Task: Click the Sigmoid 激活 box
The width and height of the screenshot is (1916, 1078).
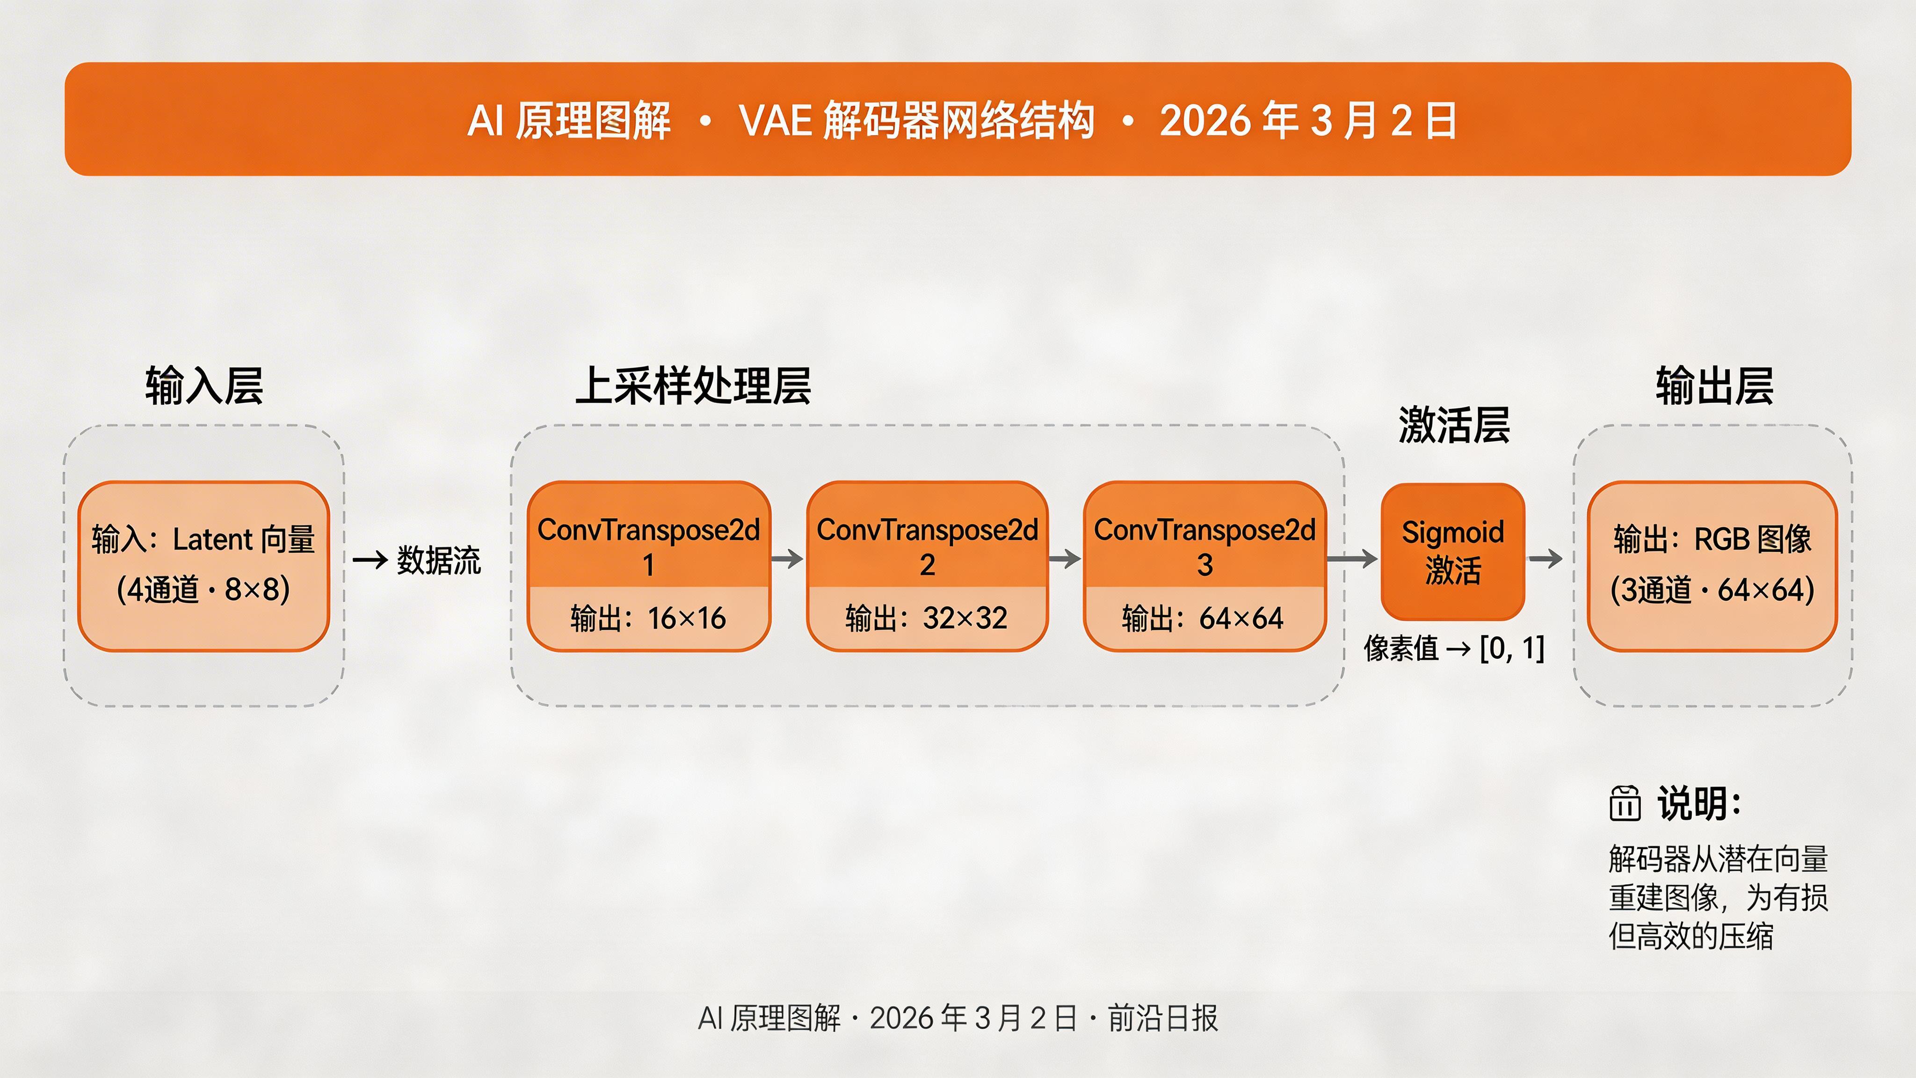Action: [1452, 551]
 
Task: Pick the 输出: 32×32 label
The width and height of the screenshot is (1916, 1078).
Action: [927, 618]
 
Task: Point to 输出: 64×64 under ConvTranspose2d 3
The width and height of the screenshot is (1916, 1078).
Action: [1204, 618]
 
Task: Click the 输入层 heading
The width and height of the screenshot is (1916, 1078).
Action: [204, 386]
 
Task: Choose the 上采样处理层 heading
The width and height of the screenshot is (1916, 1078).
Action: [693, 386]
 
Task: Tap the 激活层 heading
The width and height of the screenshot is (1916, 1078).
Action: [1454, 426]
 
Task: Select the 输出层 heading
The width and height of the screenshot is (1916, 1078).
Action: [1714, 386]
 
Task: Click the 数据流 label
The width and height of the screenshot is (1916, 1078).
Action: [439, 560]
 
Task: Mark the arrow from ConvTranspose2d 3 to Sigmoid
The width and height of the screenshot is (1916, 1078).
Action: [1352, 559]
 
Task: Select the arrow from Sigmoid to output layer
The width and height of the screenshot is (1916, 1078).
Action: [1546, 559]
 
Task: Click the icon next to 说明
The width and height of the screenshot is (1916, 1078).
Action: [1625, 803]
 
